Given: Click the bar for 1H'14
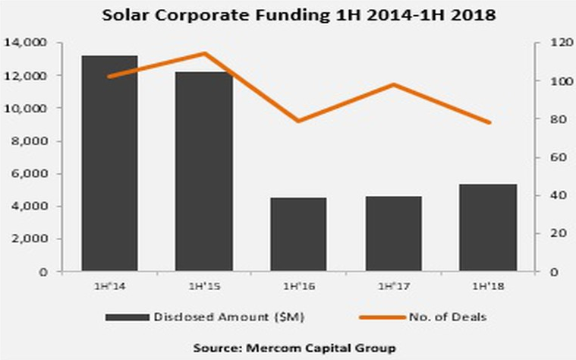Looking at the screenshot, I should tap(110, 163).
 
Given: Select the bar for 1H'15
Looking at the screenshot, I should tap(205, 172).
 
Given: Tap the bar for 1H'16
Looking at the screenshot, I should tap(299, 234).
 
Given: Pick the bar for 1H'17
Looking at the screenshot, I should tap(394, 233).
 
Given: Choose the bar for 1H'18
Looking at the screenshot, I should tap(488, 227).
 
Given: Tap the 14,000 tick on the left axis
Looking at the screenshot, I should tap(28, 43).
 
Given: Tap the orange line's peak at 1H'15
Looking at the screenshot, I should tap(205, 53).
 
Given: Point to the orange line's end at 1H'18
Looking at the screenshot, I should tap(488, 122).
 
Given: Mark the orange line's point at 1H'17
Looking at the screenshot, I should tap(394, 84).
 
